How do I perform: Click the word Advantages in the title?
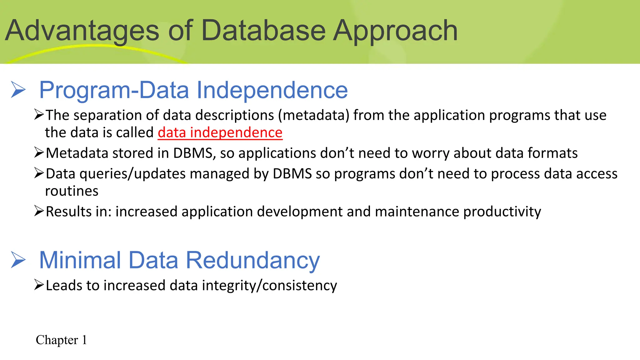[x=82, y=31]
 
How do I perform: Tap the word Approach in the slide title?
[x=395, y=31]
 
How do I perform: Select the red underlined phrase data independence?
[x=220, y=132]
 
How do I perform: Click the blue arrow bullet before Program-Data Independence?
[x=18, y=90]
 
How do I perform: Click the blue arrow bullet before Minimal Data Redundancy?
[x=18, y=260]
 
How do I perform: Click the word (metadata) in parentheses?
[x=314, y=115]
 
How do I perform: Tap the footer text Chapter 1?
[x=61, y=340]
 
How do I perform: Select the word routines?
[x=72, y=191]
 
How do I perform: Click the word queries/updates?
[x=132, y=174]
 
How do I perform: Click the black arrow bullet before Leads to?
[x=39, y=285]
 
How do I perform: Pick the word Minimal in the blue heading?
[x=80, y=260]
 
